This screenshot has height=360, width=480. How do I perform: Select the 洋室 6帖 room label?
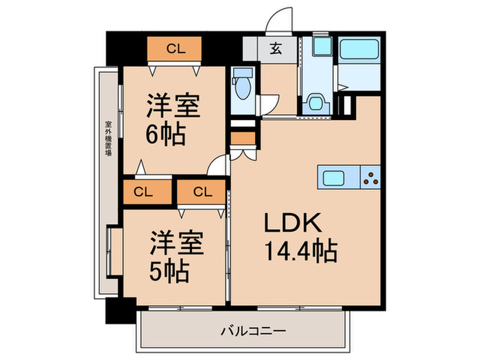[x=173, y=121]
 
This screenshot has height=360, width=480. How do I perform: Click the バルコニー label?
[x=243, y=332]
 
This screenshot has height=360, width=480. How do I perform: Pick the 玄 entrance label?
[x=275, y=49]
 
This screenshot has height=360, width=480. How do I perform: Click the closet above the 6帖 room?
[x=176, y=49]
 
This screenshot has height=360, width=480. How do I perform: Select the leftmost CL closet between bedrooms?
[x=143, y=191]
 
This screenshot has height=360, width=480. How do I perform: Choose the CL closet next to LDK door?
[x=200, y=191]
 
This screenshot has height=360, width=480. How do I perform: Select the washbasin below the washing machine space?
[x=316, y=102]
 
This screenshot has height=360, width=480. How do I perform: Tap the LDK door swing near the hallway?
[x=220, y=165]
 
